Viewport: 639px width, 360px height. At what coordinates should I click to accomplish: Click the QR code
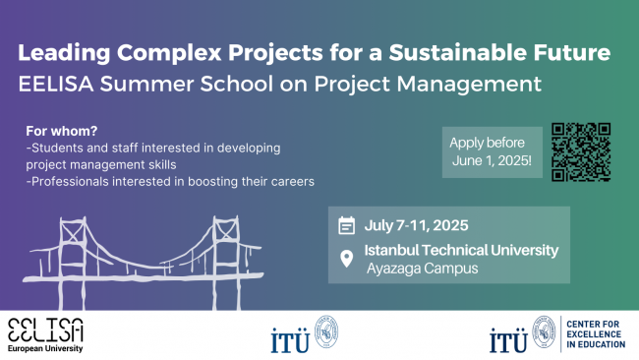click(581, 152)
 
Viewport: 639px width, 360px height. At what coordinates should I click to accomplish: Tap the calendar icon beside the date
click(346, 225)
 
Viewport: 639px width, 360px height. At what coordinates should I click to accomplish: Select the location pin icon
click(346, 259)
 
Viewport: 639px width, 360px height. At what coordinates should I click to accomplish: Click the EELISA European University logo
click(45, 335)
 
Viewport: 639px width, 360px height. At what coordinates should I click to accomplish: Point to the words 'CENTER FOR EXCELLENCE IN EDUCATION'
click(596, 334)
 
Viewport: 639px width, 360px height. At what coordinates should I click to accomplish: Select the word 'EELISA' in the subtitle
click(56, 84)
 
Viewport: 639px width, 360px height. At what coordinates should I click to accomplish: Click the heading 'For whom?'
click(62, 131)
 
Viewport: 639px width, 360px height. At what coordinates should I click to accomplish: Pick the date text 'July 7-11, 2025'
click(416, 225)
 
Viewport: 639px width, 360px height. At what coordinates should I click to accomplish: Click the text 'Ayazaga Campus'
click(422, 269)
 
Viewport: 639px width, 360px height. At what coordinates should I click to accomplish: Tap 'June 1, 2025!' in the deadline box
click(492, 160)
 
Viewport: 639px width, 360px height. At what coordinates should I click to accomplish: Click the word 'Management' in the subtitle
click(469, 85)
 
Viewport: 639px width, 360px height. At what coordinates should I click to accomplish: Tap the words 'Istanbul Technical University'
click(461, 250)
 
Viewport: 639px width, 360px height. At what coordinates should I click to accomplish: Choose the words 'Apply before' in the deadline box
click(487, 143)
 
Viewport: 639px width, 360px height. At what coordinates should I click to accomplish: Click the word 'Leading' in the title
click(64, 53)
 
